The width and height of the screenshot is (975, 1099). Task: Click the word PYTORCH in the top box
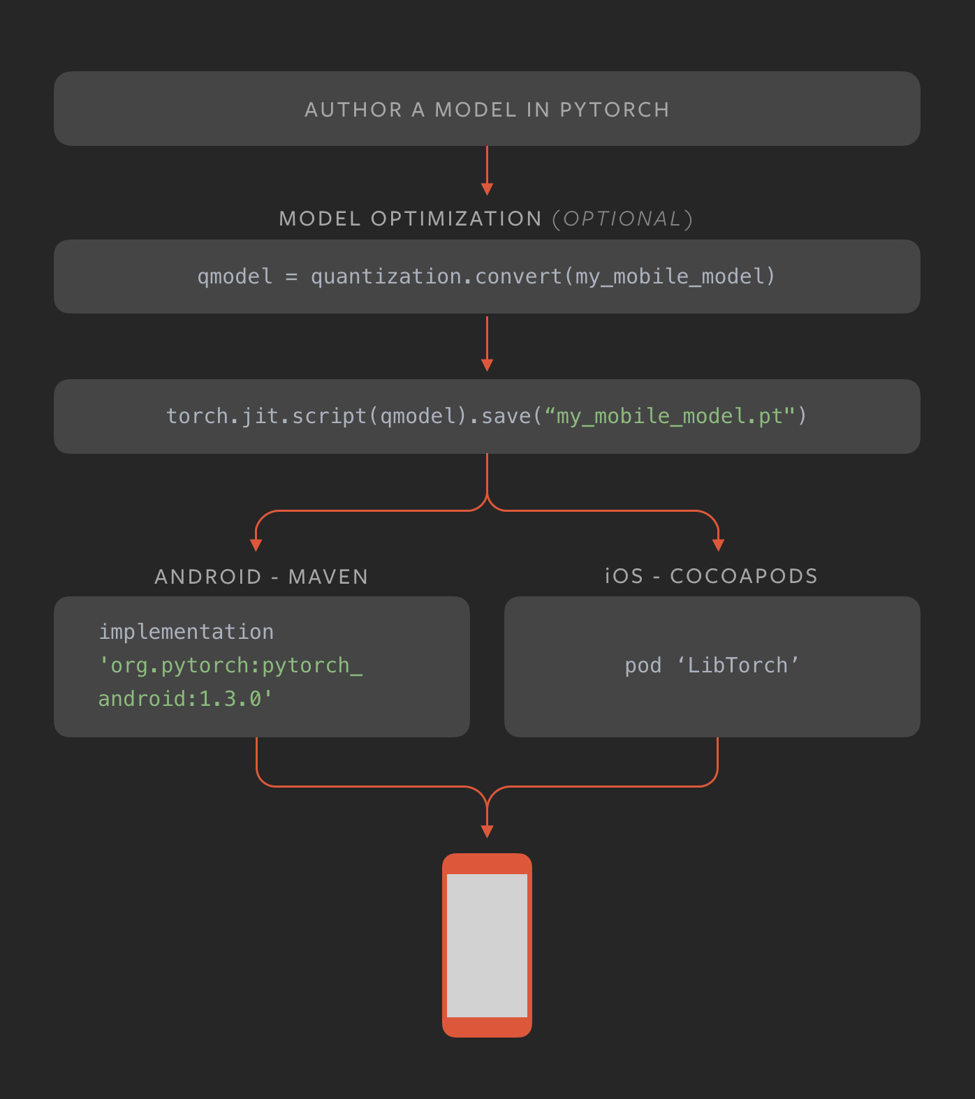point(614,110)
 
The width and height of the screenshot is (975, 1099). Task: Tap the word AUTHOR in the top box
point(353,110)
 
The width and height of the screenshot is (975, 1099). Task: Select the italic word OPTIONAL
point(622,219)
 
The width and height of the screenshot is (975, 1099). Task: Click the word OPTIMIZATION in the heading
point(456,219)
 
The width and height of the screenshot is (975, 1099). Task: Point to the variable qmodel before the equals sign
point(235,276)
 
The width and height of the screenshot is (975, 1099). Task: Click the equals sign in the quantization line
point(291,277)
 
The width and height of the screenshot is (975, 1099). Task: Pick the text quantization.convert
point(437,276)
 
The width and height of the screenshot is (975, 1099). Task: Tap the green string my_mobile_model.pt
point(669,416)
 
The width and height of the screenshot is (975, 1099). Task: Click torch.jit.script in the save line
point(267,416)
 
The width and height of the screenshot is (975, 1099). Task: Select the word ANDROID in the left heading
point(207,577)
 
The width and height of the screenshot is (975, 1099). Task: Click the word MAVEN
point(328,577)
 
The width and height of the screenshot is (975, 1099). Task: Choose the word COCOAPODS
point(744,576)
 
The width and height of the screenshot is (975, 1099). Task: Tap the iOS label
point(624,576)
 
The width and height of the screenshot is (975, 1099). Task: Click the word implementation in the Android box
point(186,632)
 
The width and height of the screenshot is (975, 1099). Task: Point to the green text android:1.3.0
point(185,699)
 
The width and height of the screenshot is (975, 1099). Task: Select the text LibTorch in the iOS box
point(738,665)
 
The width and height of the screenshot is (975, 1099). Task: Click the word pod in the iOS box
point(643,665)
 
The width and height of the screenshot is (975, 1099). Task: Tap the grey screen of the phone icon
point(487,945)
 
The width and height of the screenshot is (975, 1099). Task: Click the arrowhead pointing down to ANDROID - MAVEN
point(256,545)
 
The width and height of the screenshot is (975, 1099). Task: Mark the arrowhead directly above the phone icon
point(487,831)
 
